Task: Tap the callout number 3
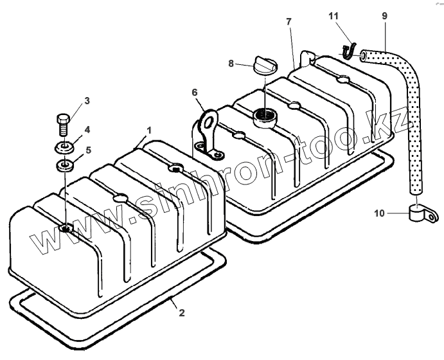87,100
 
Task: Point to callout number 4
87,129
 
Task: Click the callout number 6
195,93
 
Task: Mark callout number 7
289,22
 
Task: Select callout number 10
379,213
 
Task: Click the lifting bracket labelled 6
208,132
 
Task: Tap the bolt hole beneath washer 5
66,228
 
